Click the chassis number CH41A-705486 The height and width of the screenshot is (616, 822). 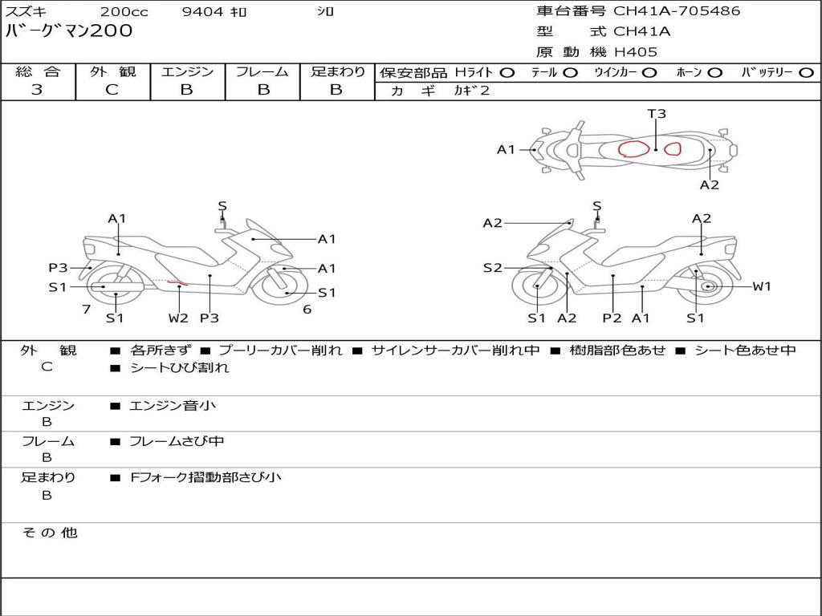click(x=677, y=11)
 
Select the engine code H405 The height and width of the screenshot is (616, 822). click(x=636, y=52)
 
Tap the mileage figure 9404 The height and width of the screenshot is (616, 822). click(x=204, y=12)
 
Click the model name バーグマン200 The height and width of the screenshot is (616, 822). click(x=69, y=31)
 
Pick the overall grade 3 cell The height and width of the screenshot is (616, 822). click(x=37, y=90)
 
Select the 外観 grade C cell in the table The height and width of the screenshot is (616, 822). click(x=112, y=90)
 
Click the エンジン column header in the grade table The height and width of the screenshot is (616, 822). click(x=187, y=71)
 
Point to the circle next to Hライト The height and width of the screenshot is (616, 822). click(x=507, y=72)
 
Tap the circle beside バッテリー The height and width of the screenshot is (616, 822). click(x=805, y=72)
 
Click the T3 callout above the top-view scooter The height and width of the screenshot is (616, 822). click(x=657, y=114)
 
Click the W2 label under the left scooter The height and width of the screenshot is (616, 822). click(x=178, y=318)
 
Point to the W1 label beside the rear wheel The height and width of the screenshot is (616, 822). click(x=761, y=286)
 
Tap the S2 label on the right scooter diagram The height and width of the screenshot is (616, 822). click(x=493, y=268)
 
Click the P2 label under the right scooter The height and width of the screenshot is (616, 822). click(x=612, y=318)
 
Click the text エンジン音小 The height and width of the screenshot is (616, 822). click(x=173, y=406)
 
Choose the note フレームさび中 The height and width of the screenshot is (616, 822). click(x=177, y=441)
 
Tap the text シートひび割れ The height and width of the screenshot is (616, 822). click(x=179, y=368)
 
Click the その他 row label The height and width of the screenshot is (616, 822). click(x=49, y=533)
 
